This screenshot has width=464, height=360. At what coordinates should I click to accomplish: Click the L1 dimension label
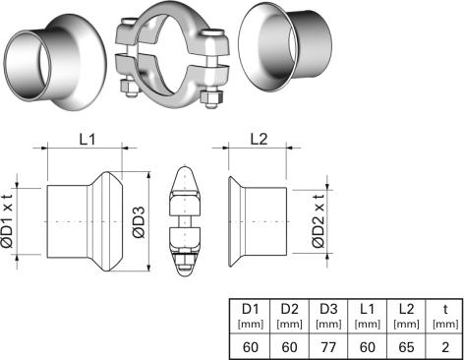(87, 140)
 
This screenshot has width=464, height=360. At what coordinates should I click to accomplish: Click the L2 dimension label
(259, 140)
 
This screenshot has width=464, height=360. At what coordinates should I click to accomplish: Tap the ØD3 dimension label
(139, 221)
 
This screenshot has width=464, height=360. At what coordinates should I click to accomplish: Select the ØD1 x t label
(7, 221)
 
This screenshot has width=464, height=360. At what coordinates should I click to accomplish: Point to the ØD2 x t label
(319, 221)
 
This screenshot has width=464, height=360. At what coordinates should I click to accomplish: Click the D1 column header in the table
(251, 309)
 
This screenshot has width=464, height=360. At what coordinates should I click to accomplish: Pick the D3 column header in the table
(328, 309)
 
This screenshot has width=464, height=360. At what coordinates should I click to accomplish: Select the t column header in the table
(445, 309)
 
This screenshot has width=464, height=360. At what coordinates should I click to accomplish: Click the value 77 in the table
(328, 347)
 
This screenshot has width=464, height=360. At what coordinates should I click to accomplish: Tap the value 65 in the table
(406, 347)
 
